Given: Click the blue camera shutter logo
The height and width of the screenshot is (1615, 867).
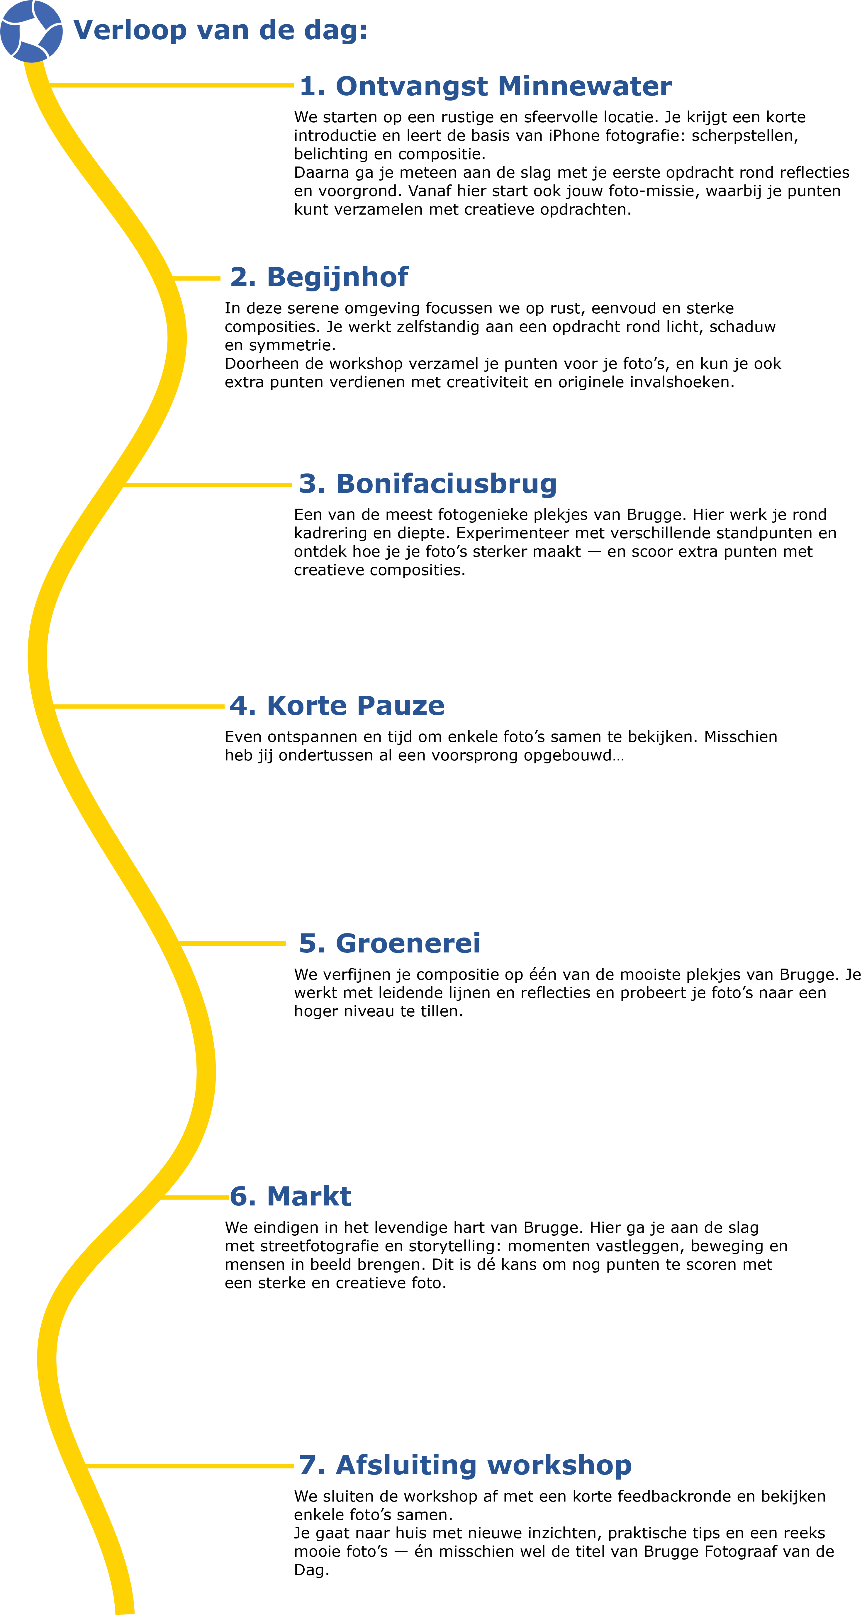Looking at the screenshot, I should (31, 31).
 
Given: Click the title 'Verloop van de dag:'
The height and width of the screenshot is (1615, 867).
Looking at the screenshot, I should (220, 30).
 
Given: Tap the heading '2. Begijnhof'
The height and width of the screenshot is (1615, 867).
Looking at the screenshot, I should (319, 277).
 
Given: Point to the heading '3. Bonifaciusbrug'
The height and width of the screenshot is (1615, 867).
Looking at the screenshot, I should (427, 484).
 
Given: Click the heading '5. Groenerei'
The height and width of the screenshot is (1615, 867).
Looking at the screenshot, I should (389, 944).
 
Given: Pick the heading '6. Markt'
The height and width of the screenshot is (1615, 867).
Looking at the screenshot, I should (290, 1196).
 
